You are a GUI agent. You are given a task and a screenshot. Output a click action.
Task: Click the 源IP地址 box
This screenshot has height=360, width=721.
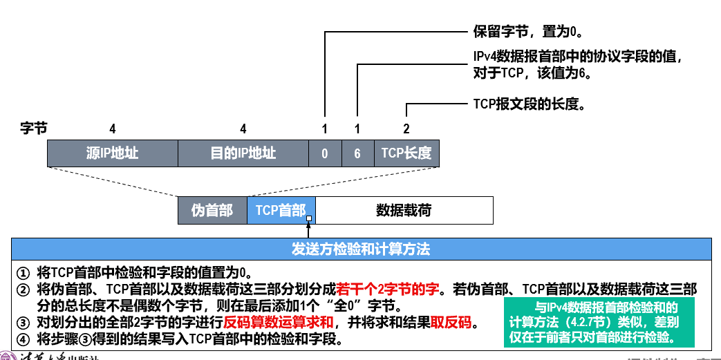pyautogui.click(x=113, y=153)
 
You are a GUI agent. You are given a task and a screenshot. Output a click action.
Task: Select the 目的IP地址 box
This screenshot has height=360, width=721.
pyautogui.click(x=243, y=153)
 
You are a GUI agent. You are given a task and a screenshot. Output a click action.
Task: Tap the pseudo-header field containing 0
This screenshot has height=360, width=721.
pyautogui.click(x=325, y=153)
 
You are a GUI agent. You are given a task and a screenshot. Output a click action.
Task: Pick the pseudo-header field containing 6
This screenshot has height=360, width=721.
pyautogui.click(x=357, y=153)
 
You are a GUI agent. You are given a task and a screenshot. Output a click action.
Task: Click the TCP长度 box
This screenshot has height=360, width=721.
pyautogui.click(x=406, y=153)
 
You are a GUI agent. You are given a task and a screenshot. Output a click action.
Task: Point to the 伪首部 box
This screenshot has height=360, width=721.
pyautogui.click(x=212, y=210)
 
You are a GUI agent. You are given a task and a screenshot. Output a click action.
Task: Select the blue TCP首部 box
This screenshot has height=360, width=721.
pyautogui.click(x=281, y=210)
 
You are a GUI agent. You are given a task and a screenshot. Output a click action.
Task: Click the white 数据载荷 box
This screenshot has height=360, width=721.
pyautogui.click(x=404, y=210)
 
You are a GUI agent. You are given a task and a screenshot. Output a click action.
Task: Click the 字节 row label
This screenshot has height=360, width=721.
pyautogui.click(x=34, y=129)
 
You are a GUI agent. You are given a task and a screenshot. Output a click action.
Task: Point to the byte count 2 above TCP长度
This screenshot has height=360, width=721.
pyautogui.click(x=406, y=129)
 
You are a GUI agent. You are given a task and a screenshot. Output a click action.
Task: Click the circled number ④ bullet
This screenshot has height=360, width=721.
pyautogui.click(x=24, y=340)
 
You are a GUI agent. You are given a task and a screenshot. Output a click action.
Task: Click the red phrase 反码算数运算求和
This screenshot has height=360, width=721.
pyautogui.click(x=279, y=323)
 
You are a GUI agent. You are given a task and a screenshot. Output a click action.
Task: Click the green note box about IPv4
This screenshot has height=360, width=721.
pyautogui.click(x=599, y=322)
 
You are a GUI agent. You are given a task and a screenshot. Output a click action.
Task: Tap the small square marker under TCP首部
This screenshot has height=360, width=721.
pyautogui.click(x=308, y=219)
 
